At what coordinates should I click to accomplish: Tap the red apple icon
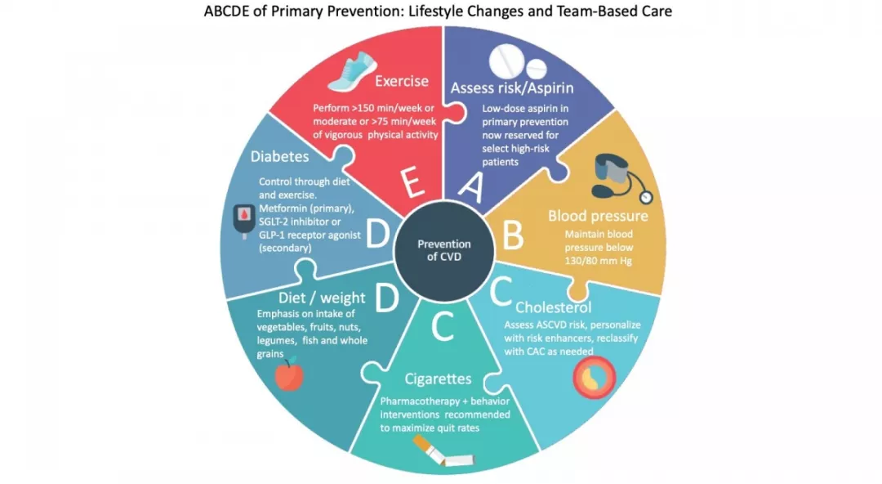289,374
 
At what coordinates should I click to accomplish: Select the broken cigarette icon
443,452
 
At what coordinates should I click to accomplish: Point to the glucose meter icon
244,221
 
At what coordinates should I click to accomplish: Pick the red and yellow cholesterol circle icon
594,378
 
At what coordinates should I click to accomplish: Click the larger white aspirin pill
506,60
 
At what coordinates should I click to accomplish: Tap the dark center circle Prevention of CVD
443,251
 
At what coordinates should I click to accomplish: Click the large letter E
413,182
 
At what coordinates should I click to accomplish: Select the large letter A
471,187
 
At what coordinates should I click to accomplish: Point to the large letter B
512,235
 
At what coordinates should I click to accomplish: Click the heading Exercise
402,81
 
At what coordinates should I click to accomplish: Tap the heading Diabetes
279,156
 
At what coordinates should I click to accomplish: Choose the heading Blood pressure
598,216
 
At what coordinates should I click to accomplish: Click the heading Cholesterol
554,307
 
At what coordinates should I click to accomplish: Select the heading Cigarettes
439,379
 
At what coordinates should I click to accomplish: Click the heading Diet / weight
322,298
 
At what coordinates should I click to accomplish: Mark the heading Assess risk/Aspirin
512,88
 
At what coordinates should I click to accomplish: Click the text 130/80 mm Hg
599,261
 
